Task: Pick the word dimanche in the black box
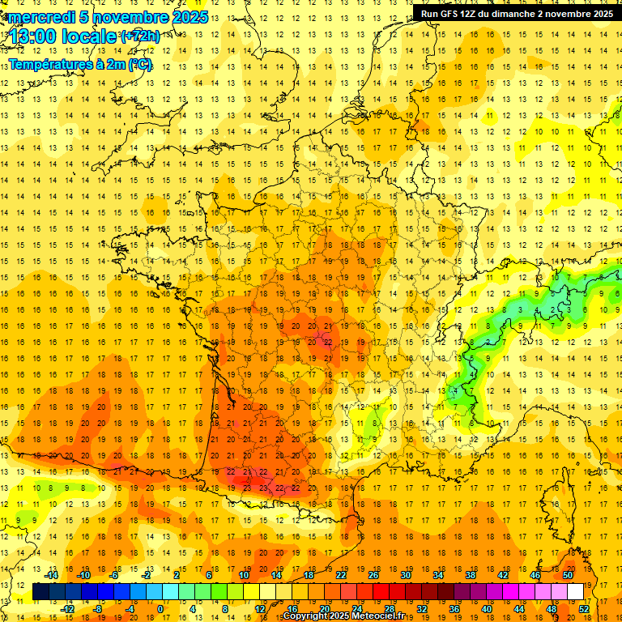tap(515, 14)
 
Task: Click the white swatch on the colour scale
tap(575, 592)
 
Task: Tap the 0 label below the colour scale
tap(160, 609)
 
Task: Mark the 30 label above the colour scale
tap(405, 574)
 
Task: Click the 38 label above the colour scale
tap(470, 574)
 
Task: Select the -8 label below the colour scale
tap(99, 609)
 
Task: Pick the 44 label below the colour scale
tap(519, 609)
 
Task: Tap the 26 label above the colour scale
tap(373, 574)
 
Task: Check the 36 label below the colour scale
tap(454, 609)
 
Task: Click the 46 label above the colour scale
tap(535, 574)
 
